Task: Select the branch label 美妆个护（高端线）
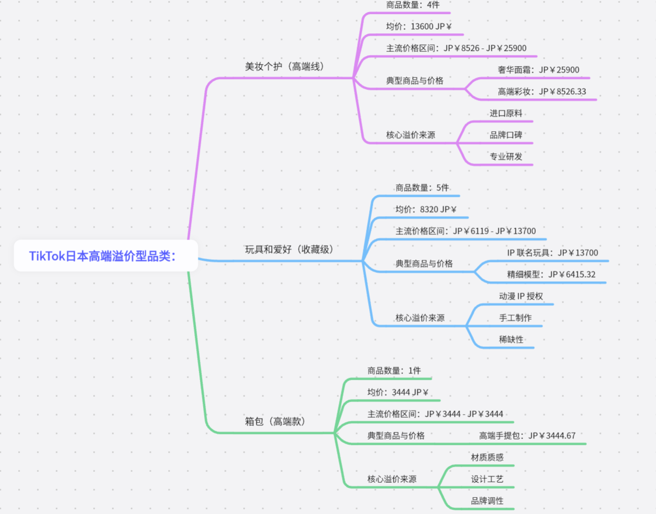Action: pos(285,67)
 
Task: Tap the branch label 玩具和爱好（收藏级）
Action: pos(289,249)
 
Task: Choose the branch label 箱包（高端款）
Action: pos(275,421)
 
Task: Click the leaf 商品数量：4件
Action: pos(412,5)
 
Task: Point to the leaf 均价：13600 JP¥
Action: pos(419,27)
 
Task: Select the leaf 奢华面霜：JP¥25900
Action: pos(538,70)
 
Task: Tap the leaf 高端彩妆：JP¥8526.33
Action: pos(541,92)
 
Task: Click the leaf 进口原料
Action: pos(506,114)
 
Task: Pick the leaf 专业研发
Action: pos(506,156)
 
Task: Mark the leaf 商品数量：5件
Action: pos(422,188)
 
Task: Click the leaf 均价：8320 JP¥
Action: pos(425,209)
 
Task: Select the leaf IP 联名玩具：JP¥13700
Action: pos(552,253)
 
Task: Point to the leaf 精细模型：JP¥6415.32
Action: pos(551,274)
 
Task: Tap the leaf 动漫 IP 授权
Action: pos(521,296)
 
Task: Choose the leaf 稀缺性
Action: pos(511,340)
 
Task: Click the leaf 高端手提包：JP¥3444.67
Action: pos(527,436)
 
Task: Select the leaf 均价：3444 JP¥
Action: pos(397,393)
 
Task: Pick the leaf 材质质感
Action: pos(487,457)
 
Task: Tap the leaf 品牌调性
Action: pos(487,501)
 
